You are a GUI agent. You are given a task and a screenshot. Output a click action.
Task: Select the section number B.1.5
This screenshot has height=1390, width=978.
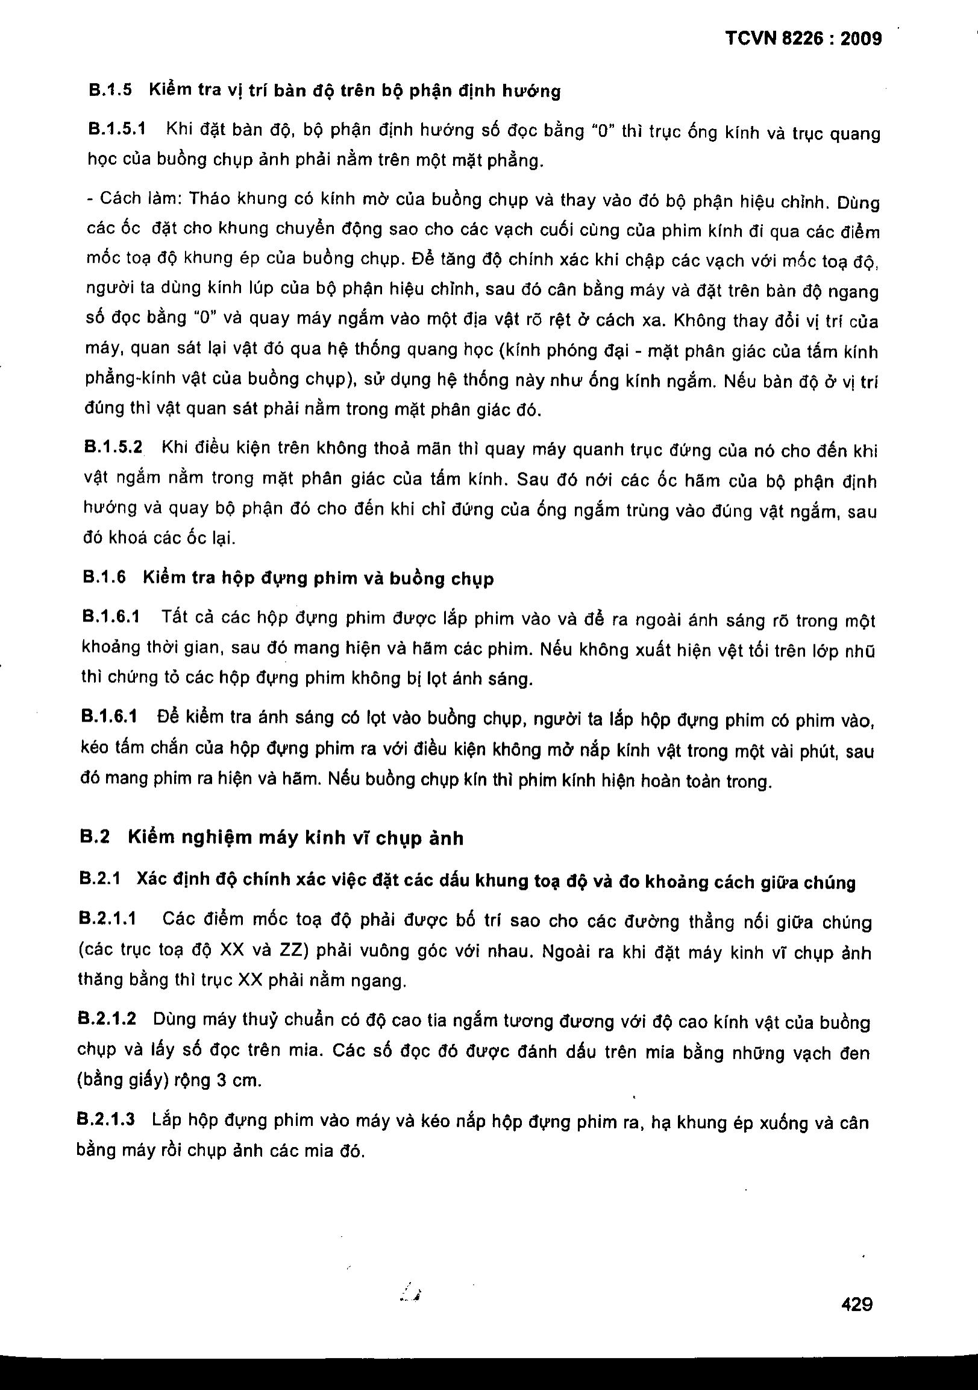110,90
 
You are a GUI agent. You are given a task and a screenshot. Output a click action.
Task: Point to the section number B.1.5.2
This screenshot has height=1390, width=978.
113,447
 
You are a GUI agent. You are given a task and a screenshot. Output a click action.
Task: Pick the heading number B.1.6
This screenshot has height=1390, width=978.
104,577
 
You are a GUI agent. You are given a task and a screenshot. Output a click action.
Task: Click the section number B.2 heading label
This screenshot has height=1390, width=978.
95,837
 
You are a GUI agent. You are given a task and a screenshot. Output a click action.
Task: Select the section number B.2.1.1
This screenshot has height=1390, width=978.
108,919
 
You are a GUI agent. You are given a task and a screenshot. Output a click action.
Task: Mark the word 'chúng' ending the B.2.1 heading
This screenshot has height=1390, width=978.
829,882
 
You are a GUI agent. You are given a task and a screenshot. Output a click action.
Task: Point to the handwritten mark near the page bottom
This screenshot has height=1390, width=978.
411,1295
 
